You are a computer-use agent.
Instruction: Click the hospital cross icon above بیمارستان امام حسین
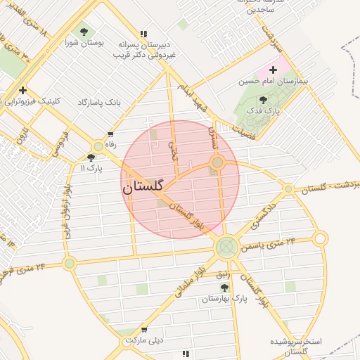[274, 70]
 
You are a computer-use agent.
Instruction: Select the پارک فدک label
[263, 111]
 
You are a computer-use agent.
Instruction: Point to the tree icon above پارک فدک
[263, 100]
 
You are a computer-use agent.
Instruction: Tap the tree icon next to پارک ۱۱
[91, 157]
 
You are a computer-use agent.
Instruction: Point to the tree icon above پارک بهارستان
[224, 288]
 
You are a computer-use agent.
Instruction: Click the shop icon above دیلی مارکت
[144, 329]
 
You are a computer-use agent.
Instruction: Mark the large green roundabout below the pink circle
[226, 246]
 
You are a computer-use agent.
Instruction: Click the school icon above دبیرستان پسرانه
[144, 33]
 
